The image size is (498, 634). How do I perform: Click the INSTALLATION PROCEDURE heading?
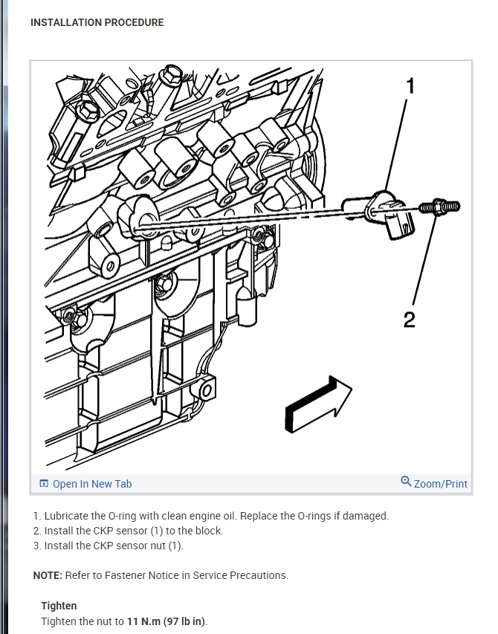click(x=97, y=22)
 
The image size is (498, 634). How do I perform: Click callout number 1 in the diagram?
click(x=409, y=86)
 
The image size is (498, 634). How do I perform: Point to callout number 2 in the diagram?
click(x=409, y=320)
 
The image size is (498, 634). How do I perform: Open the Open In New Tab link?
click(x=92, y=484)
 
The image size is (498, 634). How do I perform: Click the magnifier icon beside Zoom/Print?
click(x=406, y=482)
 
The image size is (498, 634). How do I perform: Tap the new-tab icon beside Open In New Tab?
click(x=44, y=484)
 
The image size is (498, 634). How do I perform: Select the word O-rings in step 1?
click(x=314, y=516)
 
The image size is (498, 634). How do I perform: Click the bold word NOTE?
click(x=48, y=575)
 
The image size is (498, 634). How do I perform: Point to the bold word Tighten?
click(x=59, y=606)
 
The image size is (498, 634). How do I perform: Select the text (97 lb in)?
click(x=187, y=621)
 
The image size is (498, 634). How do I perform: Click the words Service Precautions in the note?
click(x=245, y=575)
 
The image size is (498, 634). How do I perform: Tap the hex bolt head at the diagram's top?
click(x=172, y=75)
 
